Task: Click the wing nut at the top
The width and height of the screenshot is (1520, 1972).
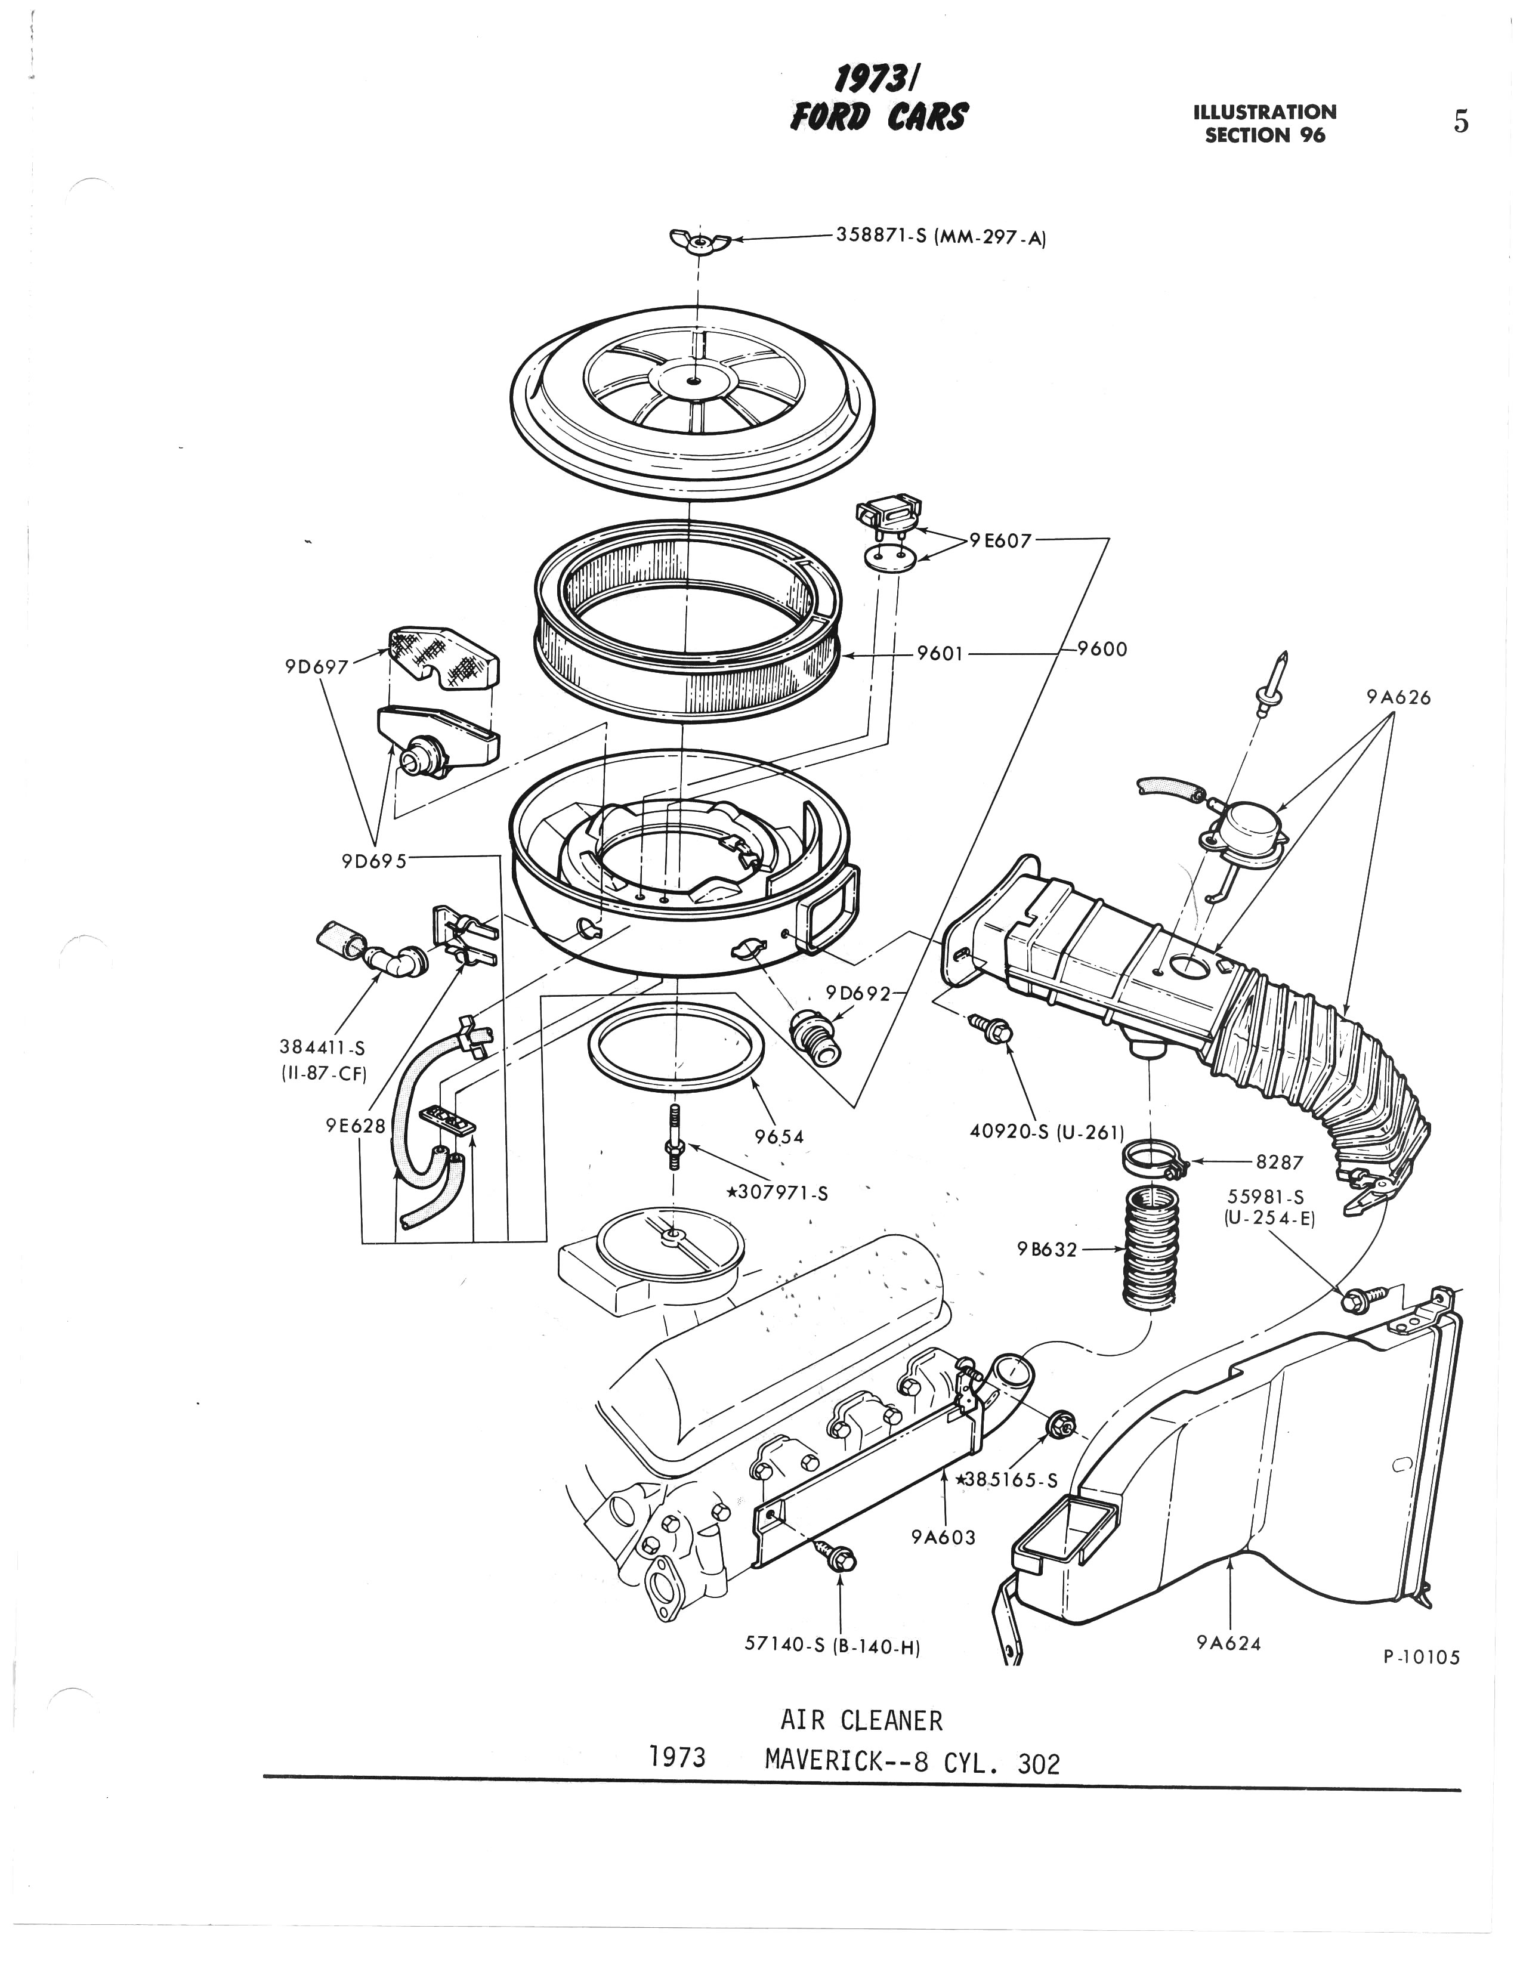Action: coord(697,241)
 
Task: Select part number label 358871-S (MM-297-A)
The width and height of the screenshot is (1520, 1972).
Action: coord(940,237)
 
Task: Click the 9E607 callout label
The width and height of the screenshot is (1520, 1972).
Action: coord(1000,541)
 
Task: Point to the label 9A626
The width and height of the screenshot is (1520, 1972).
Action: coord(1398,697)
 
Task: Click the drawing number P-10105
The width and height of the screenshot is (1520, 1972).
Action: coord(1420,1657)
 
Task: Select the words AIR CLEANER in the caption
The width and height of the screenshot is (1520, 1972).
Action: coord(861,1721)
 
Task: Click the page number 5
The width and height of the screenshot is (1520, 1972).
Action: coord(1460,121)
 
